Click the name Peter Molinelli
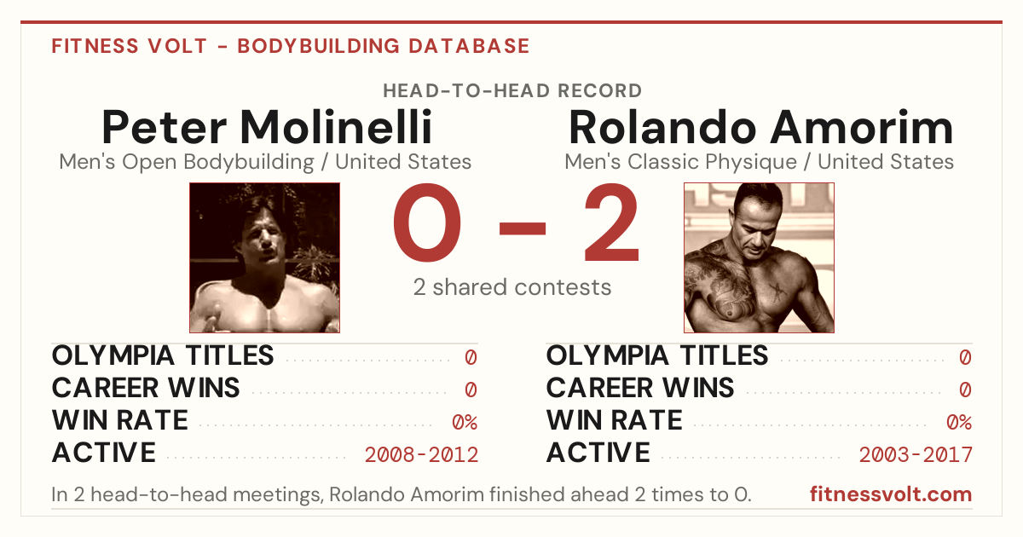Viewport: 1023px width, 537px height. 267,127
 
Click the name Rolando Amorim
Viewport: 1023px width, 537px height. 760,127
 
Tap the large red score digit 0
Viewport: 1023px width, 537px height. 427,222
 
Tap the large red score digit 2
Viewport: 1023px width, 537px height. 611,222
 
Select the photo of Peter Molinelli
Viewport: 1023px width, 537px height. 265,258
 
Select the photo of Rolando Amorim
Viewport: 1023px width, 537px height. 759,258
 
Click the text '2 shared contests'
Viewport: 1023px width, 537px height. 512,287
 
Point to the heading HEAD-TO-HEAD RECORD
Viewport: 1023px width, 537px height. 512,91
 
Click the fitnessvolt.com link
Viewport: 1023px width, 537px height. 891,494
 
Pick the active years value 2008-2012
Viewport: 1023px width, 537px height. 421,455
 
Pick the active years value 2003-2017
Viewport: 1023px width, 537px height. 916,455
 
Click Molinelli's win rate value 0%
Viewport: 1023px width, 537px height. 465,423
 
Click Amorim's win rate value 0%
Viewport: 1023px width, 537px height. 959,423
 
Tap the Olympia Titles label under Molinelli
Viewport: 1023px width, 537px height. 163,355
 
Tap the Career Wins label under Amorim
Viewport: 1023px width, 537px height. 640,388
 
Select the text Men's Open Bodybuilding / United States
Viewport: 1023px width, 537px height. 265,162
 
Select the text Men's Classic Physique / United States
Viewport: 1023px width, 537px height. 759,162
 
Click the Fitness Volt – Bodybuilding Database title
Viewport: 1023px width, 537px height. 291,46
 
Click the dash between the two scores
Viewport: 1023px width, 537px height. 523,228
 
